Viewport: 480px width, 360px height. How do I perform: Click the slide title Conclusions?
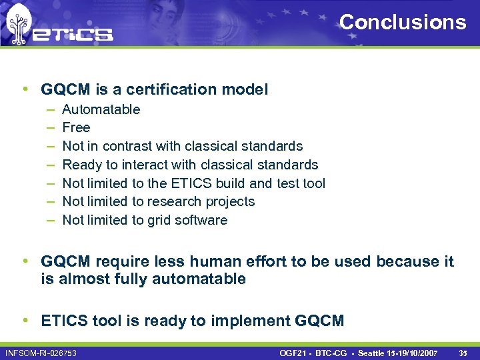point(403,22)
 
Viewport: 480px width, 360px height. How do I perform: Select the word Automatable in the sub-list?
point(101,109)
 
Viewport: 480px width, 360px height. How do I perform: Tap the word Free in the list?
point(76,127)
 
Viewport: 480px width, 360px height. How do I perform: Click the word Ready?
point(81,165)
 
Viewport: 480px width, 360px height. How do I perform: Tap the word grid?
point(155,220)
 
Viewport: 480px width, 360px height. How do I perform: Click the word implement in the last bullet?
point(250,321)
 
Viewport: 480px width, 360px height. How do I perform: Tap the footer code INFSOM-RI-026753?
point(41,352)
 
